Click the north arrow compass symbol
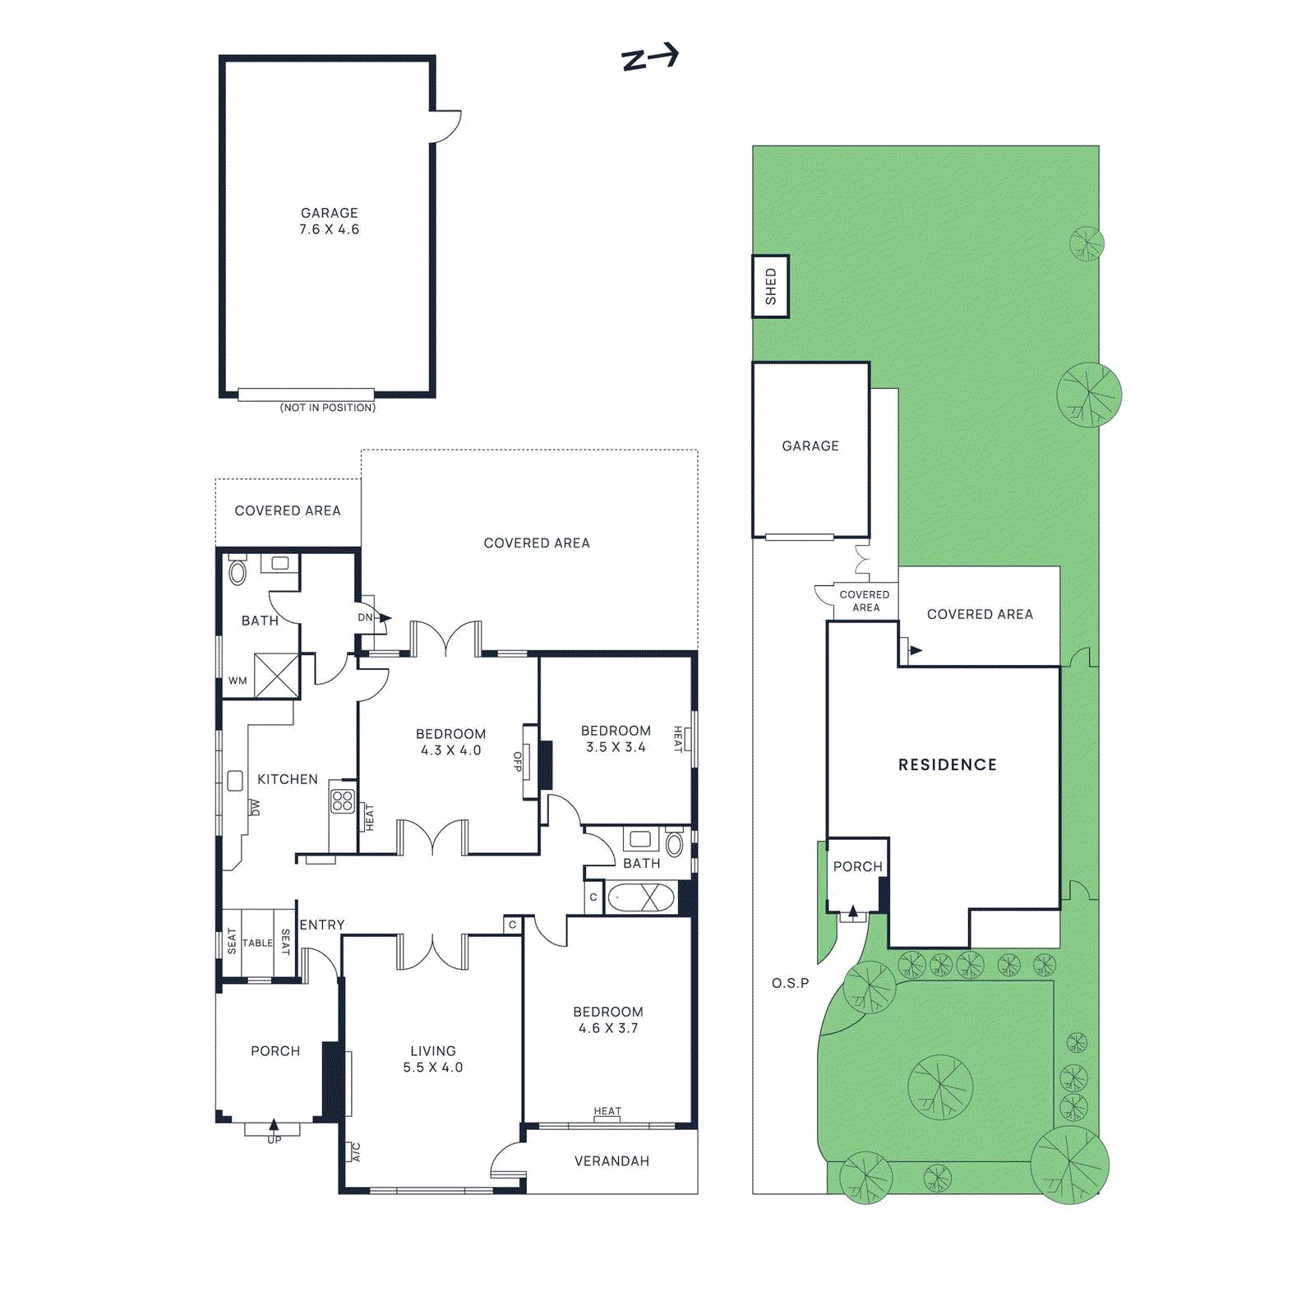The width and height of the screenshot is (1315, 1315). point(649,58)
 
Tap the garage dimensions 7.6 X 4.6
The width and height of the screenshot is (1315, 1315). point(329,229)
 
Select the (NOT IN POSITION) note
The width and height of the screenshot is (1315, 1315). point(327,408)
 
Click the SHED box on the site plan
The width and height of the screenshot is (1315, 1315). point(771,286)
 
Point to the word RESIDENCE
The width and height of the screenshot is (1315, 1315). point(947,765)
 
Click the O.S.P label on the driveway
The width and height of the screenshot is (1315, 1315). point(790,983)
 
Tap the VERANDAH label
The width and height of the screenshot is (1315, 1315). point(611,1161)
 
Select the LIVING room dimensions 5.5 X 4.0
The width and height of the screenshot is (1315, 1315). point(432,1068)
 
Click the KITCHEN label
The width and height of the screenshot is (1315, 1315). point(287,779)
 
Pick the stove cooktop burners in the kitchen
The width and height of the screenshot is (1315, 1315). point(343,801)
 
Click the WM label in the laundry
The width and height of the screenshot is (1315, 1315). point(238,681)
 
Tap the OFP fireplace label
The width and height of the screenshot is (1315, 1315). point(518,762)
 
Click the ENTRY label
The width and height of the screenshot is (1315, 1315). point(322,925)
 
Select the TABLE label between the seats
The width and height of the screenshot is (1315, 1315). point(257,944)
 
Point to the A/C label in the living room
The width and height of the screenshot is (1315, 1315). point(356,1152)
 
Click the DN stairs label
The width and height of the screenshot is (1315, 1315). point(365,617)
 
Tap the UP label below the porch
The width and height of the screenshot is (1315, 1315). point(274,1140)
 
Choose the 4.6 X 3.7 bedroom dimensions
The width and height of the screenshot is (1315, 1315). point(608,1028)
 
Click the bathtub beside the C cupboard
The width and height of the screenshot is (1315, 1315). point(640,897)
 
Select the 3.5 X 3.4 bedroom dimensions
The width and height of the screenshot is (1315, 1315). point(616,747)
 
